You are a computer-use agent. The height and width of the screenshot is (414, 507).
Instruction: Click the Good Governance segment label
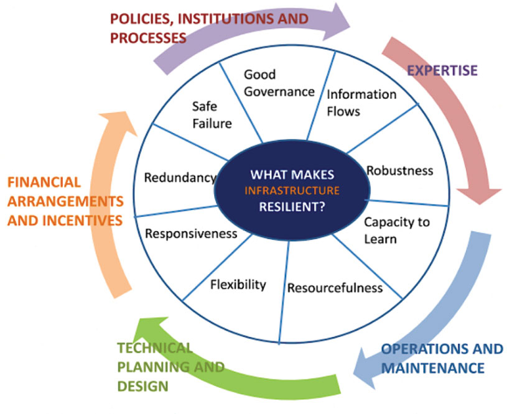[279, 83]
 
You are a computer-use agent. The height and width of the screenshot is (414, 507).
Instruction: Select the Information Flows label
[361, 103]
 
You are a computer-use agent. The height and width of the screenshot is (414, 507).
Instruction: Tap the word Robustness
[399, 170]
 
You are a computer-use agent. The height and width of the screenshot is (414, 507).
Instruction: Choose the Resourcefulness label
[335, 288]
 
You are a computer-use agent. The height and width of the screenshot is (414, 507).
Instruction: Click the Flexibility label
[238, 285]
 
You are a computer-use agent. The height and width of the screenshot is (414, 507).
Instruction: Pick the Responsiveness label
[191, 234]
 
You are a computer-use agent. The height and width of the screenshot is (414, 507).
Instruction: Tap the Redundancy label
[180, 178]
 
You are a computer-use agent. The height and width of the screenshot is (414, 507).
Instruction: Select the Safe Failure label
[212, 115]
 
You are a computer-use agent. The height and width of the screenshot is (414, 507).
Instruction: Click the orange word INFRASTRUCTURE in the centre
[292, 190]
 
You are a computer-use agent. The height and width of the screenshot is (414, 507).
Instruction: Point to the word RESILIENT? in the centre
[292, 206]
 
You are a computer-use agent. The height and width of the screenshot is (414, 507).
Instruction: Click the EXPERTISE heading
[442, 70]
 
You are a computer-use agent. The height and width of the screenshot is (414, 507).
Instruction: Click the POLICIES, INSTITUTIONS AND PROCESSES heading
[209, 28]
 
